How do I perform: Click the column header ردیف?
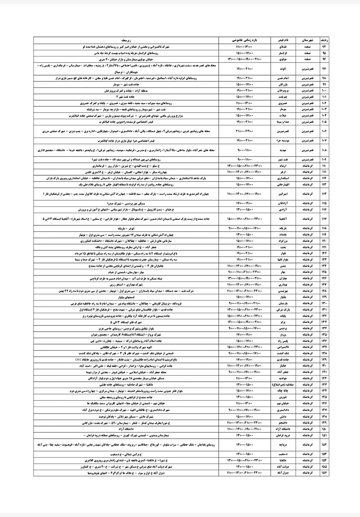click(x=323, y=41)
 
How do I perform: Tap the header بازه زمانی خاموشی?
click(x=245, y=41)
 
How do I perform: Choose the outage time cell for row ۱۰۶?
click(x=245, y=131)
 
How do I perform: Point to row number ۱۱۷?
click(x=323, y=219)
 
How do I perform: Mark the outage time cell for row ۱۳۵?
click(x=245, y=335)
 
